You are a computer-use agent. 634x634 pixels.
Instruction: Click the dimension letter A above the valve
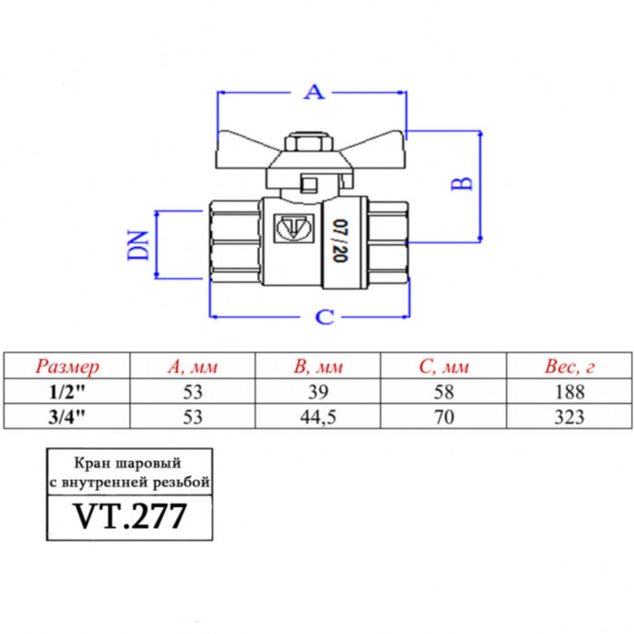point(312,91)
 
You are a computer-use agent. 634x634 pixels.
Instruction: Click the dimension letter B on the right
point(462,183)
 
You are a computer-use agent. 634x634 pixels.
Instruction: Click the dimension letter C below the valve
point(323,317)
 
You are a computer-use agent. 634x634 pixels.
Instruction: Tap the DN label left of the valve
point(138,245)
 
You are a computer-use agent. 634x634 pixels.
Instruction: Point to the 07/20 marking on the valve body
point(339,241)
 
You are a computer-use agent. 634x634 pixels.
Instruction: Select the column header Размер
point(68,367)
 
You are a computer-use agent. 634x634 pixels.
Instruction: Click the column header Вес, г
point(568,367)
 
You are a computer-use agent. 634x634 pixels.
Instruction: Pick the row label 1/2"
point(68,392)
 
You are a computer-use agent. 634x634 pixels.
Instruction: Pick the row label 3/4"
point(68,417)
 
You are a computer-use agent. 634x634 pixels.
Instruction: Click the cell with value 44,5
point(318,417)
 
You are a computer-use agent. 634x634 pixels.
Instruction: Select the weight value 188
point(568,392)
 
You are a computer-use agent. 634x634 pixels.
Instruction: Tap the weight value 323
point(568,417)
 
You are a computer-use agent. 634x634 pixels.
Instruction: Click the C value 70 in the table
point(443,417)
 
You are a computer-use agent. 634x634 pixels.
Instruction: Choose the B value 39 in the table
point(318,392)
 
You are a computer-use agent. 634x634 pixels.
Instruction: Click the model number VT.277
point(130,517)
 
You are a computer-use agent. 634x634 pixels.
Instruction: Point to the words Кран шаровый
point(130,463)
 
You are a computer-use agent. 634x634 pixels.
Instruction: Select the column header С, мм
point(443,367)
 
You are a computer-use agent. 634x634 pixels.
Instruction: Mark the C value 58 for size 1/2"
point(443,392)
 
